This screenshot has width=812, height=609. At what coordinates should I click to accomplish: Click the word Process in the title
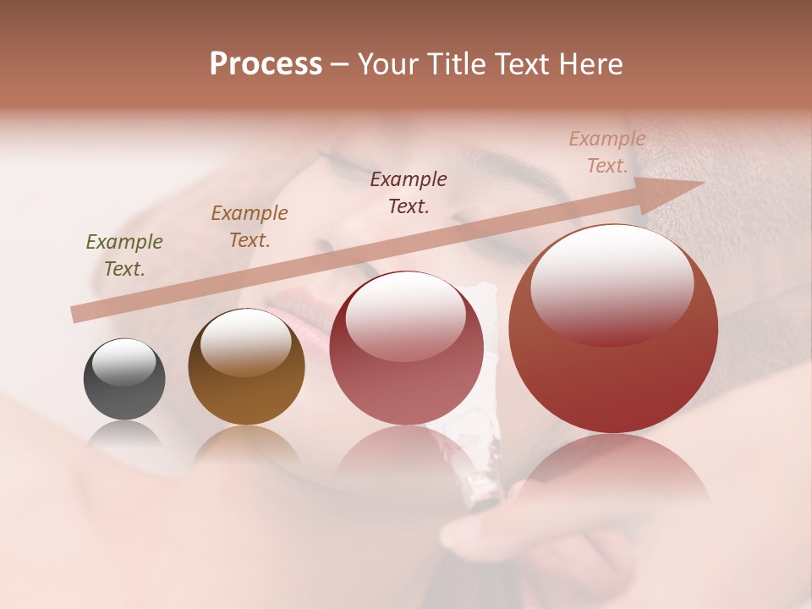pyautogui.click(x=266, y=64)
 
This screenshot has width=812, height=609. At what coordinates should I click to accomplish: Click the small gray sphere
pyautogui.click(x=124, y=379)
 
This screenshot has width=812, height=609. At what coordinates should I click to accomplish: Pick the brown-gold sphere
pyautogui.click(x=246, y=366)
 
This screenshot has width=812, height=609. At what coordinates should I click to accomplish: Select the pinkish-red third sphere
pyautogui.click(x=406, y=348)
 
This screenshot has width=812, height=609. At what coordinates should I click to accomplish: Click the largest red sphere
pyautogui.click(x=613, y=329)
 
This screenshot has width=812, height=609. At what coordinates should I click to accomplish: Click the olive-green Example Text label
pyautogui.click(x=124, y=255)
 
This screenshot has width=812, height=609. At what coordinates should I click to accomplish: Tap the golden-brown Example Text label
pyautogui.click(x=250, y=226)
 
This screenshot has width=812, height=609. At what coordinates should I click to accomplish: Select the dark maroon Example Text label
pyautogui.click(x=409, y=192)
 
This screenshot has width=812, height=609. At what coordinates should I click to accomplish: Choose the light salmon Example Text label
pyautogui.click(x=607, y=152)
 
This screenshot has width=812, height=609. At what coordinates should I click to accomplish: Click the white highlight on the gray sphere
pyautogui.click(x=124, y=361)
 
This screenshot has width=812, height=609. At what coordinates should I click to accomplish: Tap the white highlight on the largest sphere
pyautogui.click(x=612, y=283)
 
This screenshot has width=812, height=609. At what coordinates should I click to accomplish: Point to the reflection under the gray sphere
pyautogui.click(x=124, y=436)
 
